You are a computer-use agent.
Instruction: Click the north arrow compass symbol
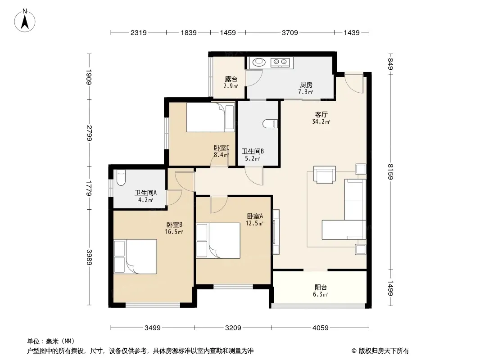pyautogui.click(x=25, y=21)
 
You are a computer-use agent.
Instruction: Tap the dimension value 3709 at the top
pyautogui.click(x=290, y=32)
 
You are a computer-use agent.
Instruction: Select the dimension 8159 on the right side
pyautogui.click(x=390, y=171)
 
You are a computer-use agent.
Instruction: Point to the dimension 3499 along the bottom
pyautogui.click(x=153, y=328)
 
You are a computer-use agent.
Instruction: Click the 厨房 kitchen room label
pyautogui.click(x=306, y=85)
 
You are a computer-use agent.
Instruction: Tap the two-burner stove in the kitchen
pyautogui.click(x=280, y=62)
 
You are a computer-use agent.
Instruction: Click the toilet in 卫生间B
pyautogui.click(x=270, y=124)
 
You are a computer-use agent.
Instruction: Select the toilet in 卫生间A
pyautogui.click(x=121, y=178)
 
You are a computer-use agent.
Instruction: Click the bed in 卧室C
pyautogui.click(x=211, y=117)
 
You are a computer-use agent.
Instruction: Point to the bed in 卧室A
pyautogui.click(x=218, y=241)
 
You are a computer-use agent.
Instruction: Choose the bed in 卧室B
pyautogui.click(x=135, y=256)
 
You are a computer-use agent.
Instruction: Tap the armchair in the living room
pyautogui.click(x=325, y=175)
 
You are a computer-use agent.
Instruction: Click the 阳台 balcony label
pyautogui.click(x=321, y=288)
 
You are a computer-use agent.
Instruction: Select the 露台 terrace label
pyautogui.click(x=231, y=79)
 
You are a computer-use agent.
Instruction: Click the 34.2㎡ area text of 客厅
pyautogui.click(x=321, y=122)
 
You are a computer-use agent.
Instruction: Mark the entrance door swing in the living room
pyautogui.click(x=354, y=83)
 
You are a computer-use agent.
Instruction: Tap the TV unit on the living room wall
pyautogui.click(x=276, y=232)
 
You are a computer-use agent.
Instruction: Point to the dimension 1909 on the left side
pyautogui.click(x=89, y=77)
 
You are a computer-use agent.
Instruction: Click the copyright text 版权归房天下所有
pyautogui.click(x=383, y=351)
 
